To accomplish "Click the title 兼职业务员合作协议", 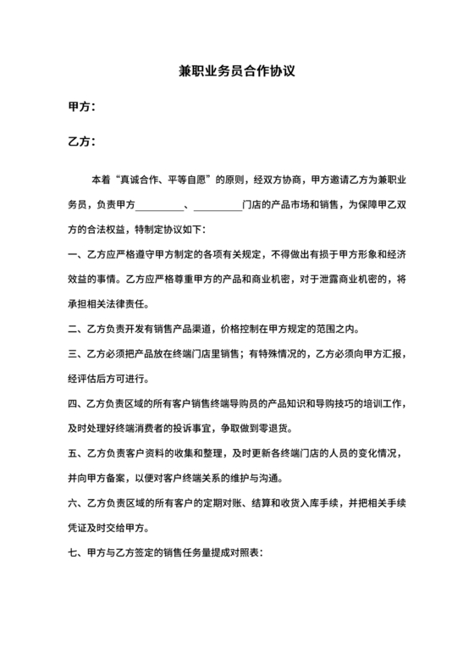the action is (236, 73).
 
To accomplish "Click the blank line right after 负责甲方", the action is (160, 204).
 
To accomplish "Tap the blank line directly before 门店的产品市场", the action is (218, 204).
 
